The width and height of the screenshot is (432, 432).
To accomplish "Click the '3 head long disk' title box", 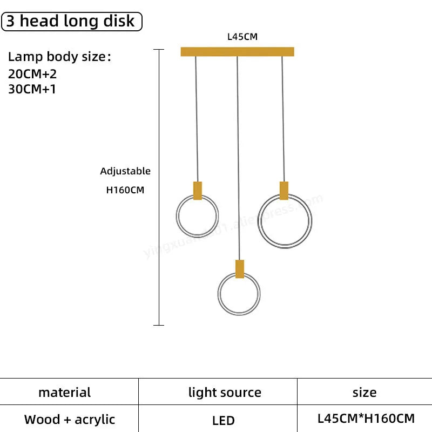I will pyautogui.click(x=72, y=21).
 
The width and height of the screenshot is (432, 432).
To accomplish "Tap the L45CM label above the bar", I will pyautogui.click(x=242, y=37).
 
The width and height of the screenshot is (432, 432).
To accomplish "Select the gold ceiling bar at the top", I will pyautogui.click(x=237, y=52).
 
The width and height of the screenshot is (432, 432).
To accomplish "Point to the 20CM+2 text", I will pyautogui.click(x=32, y=75).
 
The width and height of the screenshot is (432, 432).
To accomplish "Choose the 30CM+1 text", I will pyautogui.click(x=32, y=89).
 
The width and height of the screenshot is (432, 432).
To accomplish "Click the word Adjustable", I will pyautogui.click(x=125, y=171).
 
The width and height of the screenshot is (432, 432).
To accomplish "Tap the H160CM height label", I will pyautogui.click(x=125, y=190).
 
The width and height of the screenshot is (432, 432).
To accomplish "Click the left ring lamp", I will pyautogui.click(x=197, y=216).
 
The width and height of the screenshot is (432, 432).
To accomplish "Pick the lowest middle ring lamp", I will pyautogui.click(x=239, y=294).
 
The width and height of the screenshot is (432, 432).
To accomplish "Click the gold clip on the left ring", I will pyautogui.click(x=198, y=191).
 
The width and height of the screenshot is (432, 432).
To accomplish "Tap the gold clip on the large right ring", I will pyautogui.click(x=283, y=191).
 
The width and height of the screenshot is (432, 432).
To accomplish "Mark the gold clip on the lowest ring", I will pyautogui.click(x=239, y=269).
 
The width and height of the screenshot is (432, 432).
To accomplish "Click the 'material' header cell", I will pyautogui.click(x=65, y=393).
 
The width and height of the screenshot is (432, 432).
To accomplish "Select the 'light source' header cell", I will pyautogui.click(x=225, y=393).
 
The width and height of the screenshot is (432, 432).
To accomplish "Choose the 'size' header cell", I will pyautogui.click(x=364, y=393).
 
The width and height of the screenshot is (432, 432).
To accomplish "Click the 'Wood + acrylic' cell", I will pyautogui.click(x=70, y=419).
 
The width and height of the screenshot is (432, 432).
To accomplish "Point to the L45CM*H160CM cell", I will pyautogui.click(x=366, y=418).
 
